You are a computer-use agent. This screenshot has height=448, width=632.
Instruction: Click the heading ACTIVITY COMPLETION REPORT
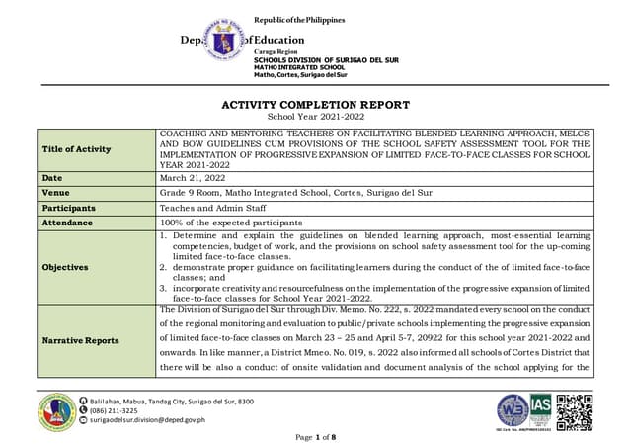[316, 105]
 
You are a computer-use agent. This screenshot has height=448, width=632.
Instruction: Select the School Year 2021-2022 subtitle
[316, 119]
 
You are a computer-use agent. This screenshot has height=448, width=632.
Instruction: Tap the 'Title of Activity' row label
[78, 149]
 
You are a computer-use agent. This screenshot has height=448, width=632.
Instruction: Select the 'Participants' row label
[69, 209]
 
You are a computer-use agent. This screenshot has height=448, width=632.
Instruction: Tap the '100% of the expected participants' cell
[233, 224]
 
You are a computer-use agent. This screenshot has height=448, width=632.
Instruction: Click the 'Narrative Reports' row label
[81, 340]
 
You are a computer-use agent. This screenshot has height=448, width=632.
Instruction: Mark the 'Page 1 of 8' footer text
[316, 436]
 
